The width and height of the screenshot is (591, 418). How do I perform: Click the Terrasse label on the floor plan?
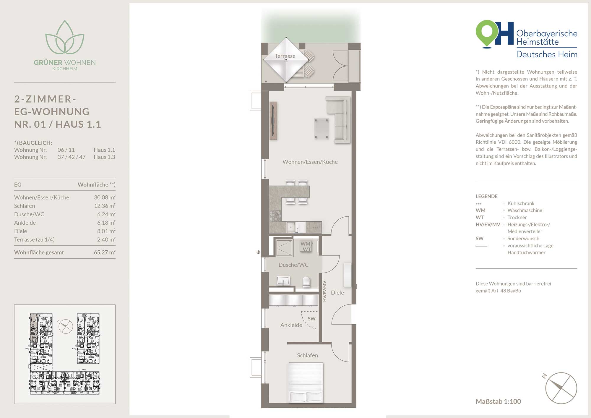pyautogui.click(x=285, y=56)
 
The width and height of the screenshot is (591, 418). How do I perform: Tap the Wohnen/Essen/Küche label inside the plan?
pyautogui.click(x=310, y=162)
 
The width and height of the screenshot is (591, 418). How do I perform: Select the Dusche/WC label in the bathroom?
pyautogui.click(x=293, y=265)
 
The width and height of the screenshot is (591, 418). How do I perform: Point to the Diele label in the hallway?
pyautogui.click(x=337, y=293)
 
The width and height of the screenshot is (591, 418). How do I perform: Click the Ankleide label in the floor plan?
pyautogui.click(x=291, y=325)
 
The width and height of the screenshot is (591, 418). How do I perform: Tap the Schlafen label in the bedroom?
pyautogui.click(x=307, y=355)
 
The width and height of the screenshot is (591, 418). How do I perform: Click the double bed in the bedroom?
pyautogui.click(x=306, y=383)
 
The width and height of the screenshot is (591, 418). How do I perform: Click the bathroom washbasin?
pyautogui.click(x=283, y=281)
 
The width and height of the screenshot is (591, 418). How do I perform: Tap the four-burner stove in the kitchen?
pyautogui.click(x=275, y=216)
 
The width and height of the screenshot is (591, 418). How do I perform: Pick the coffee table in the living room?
pyautogui.click(x=322, y=129)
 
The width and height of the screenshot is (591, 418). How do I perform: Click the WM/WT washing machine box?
pyautogui.click(x=306, y=247)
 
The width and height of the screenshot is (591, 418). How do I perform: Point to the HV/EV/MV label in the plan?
pyautogui.click(x=324, y=291)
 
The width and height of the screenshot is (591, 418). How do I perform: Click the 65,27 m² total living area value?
pyautogui.click(x=105, y=252)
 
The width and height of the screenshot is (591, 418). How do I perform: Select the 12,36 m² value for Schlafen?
pyautogui.click(x=105, y=206)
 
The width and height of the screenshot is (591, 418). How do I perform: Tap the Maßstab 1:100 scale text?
pyautogui.click(x=498, y=401)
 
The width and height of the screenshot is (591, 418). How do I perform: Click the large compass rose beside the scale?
pyautogui.click(x=561, y=388)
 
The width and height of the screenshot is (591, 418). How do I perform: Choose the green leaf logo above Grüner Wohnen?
pyautogui.click(x=65, y=37)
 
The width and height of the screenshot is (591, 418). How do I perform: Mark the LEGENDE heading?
pyautogui.click(x=486, y=196)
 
